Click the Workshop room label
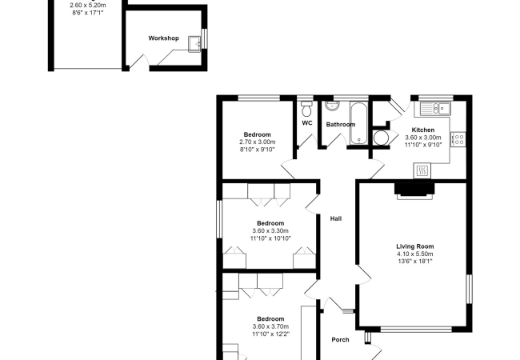[163, 38]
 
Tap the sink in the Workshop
[194, 44]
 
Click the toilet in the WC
[306, 108]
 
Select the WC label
[307, 123]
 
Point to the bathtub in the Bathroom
[358, 123]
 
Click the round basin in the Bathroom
[332, 106]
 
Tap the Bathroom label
[341, 125]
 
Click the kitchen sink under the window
[435, 109]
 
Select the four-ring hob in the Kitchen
[458, 139]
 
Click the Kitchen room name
[423, 130]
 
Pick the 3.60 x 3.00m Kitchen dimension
[423, 138]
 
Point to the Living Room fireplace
[414, 191]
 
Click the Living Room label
[415, 246]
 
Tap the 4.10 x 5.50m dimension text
[415, 254]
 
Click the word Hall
[336, 218]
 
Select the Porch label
[340, 340]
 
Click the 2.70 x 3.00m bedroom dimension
[258, 142]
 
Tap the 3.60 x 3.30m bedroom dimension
[270, 230]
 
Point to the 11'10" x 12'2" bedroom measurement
[270, 334]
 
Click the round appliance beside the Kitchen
[381, 138]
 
